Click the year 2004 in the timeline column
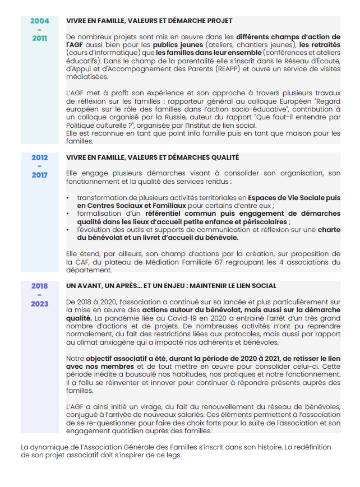tap(39, 21)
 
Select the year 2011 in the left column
tap(39, 39)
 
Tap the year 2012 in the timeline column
tap(39, 157)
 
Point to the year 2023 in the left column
tap(39, 304)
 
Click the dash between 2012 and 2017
tap(39, 166)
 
